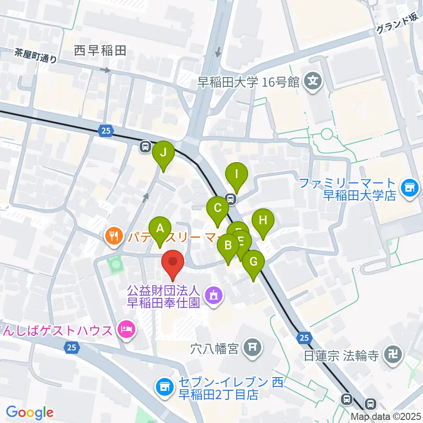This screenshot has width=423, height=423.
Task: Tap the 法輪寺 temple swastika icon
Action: [x=392, y=355]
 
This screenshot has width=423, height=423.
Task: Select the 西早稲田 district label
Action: [x=100, y=51]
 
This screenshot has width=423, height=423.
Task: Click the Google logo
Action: [x=30, y=412]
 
